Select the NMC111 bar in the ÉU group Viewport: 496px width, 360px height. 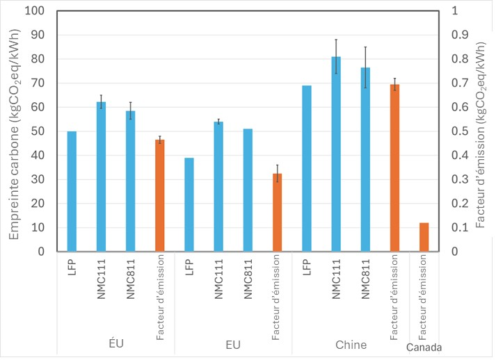tap(101, 177)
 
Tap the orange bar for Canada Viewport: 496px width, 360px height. tap(424, 237)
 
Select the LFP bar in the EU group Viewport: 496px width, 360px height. tap(189, 204)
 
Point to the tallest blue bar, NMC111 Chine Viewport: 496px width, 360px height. tap(336, 154)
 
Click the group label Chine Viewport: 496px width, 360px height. tap(351, 345)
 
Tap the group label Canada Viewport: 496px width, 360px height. tap(424, 347)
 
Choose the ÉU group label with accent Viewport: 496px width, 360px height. tap(115, 345)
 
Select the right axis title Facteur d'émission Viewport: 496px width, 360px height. tap(481, 132)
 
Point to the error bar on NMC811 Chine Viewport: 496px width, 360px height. tap(365, 67)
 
